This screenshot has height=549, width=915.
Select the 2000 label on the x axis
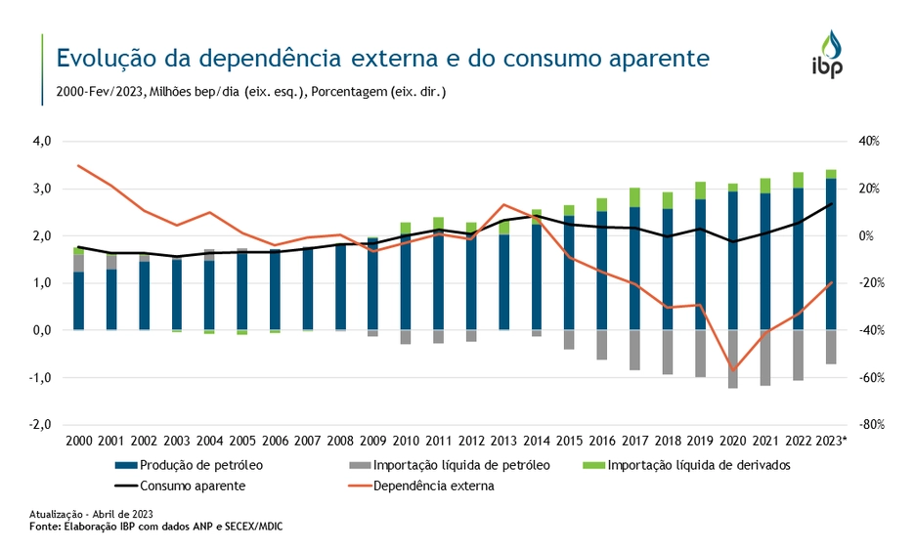(x=79, y=441)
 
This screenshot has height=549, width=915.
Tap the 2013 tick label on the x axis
(x=503, y=441)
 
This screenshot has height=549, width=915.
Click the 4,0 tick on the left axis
(x=42, y=142)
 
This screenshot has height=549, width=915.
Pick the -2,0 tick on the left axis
(x=40, y=425)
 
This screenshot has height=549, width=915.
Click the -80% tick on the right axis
(x=870, y=425)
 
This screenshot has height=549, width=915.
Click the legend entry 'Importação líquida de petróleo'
(x=449, y=465)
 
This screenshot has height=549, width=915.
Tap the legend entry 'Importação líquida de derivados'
(x=698, y=465)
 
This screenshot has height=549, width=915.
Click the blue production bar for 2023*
(x=830, y=254)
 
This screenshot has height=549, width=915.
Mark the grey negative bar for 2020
(x=732, y=359)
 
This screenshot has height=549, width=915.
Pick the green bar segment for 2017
(x=634, y=197)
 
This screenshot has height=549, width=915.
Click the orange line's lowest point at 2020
(x=732, y=370)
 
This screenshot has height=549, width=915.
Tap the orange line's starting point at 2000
(x=79, y=165)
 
